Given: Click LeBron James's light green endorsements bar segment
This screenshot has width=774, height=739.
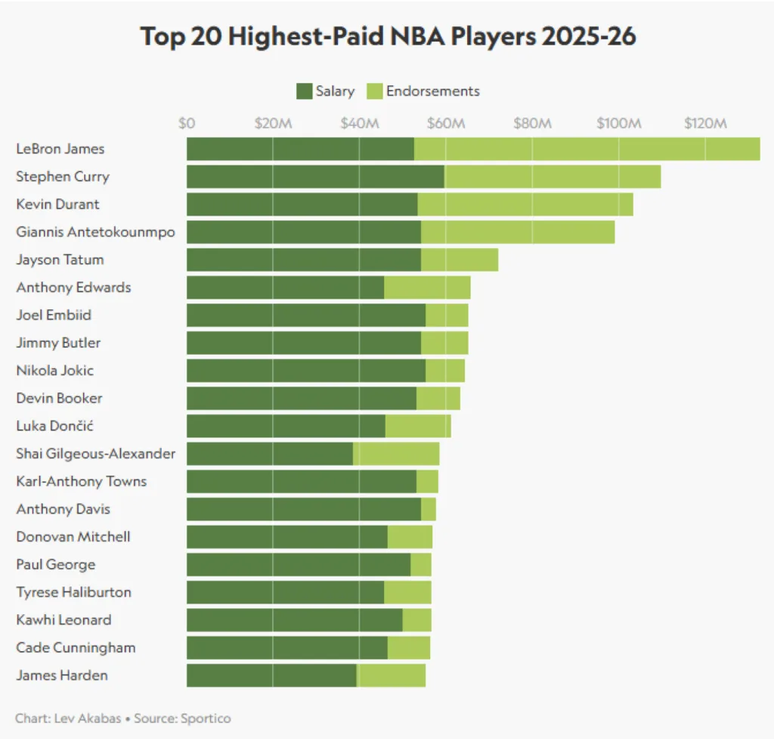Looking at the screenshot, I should (x=587, y=149).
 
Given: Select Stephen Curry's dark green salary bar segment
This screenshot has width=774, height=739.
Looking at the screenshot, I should (x=315, y=177).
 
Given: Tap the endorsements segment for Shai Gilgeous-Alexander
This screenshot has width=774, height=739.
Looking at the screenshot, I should (x=396, y=454).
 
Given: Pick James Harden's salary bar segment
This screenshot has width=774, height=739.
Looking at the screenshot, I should (x=271, y=675).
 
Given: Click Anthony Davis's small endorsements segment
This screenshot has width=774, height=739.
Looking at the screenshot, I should (x=429, y=509).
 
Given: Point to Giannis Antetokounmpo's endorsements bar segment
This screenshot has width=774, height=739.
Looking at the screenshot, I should (x=518, y=232).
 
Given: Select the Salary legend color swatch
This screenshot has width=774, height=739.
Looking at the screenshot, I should (x=304, y=92).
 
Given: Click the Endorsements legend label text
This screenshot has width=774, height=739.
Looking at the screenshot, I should (x=432, y=92).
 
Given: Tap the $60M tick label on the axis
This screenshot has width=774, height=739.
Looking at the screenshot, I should (x=446, y=123).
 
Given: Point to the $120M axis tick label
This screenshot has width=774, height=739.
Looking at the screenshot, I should (x=705, y=123).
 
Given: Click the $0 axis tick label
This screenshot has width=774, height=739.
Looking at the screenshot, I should (x=187, y=123).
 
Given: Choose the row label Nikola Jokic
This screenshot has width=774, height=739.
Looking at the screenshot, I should (x=55, y=371).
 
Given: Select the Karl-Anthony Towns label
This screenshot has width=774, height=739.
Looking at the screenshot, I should (x=82, y=482).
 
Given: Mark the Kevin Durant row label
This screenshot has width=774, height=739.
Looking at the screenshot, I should (x=57, y=204).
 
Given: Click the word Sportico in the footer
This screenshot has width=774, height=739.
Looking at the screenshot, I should (x=206, y=718).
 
